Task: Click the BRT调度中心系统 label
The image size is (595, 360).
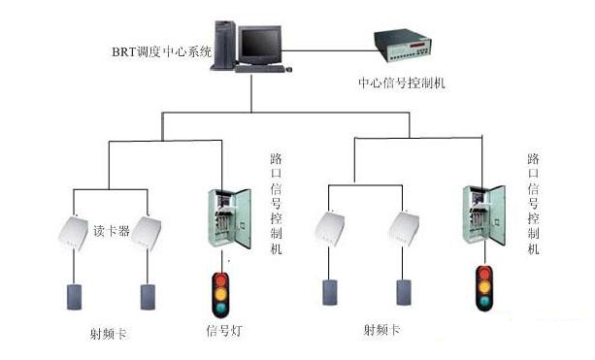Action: (161, 51)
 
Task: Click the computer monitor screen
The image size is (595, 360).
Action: (260, 43)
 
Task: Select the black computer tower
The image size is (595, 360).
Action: (224, 46)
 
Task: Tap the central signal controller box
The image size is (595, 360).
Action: (403, 45)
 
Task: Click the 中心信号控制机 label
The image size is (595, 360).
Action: (402, 82)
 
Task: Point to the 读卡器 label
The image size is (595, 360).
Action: (112, 231)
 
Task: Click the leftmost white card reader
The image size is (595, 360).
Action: (73, 233)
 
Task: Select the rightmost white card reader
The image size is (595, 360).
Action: (404, 229)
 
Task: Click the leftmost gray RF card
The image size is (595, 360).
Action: (75, 297)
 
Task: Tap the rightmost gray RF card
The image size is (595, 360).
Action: (404, 292)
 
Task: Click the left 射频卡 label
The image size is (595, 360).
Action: (108, 334)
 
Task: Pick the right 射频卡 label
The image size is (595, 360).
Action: (381, 329)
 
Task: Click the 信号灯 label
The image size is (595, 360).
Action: (224, 330)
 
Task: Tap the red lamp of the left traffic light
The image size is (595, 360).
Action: (221, 280)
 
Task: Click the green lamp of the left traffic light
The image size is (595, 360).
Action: (220, 307)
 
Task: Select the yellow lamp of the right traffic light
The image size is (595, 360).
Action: (484, 287)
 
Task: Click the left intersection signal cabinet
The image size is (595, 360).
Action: (230, 218)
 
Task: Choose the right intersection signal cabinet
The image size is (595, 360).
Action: (483, 214)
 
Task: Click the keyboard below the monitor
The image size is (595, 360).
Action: (259, 69)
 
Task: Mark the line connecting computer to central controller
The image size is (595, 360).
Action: (328, 50)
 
